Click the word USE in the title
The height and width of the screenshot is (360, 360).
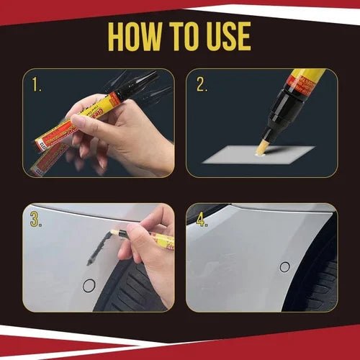[x=222, y=37]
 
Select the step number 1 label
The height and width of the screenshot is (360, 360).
[x=37, y=86]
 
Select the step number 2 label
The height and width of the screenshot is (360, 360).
[x=202, y=86]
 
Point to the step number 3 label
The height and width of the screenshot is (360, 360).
[x=35, y=220]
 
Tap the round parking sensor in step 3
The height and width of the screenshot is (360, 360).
[x=89, y=285]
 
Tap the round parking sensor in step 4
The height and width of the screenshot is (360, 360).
[x=284, y=266]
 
